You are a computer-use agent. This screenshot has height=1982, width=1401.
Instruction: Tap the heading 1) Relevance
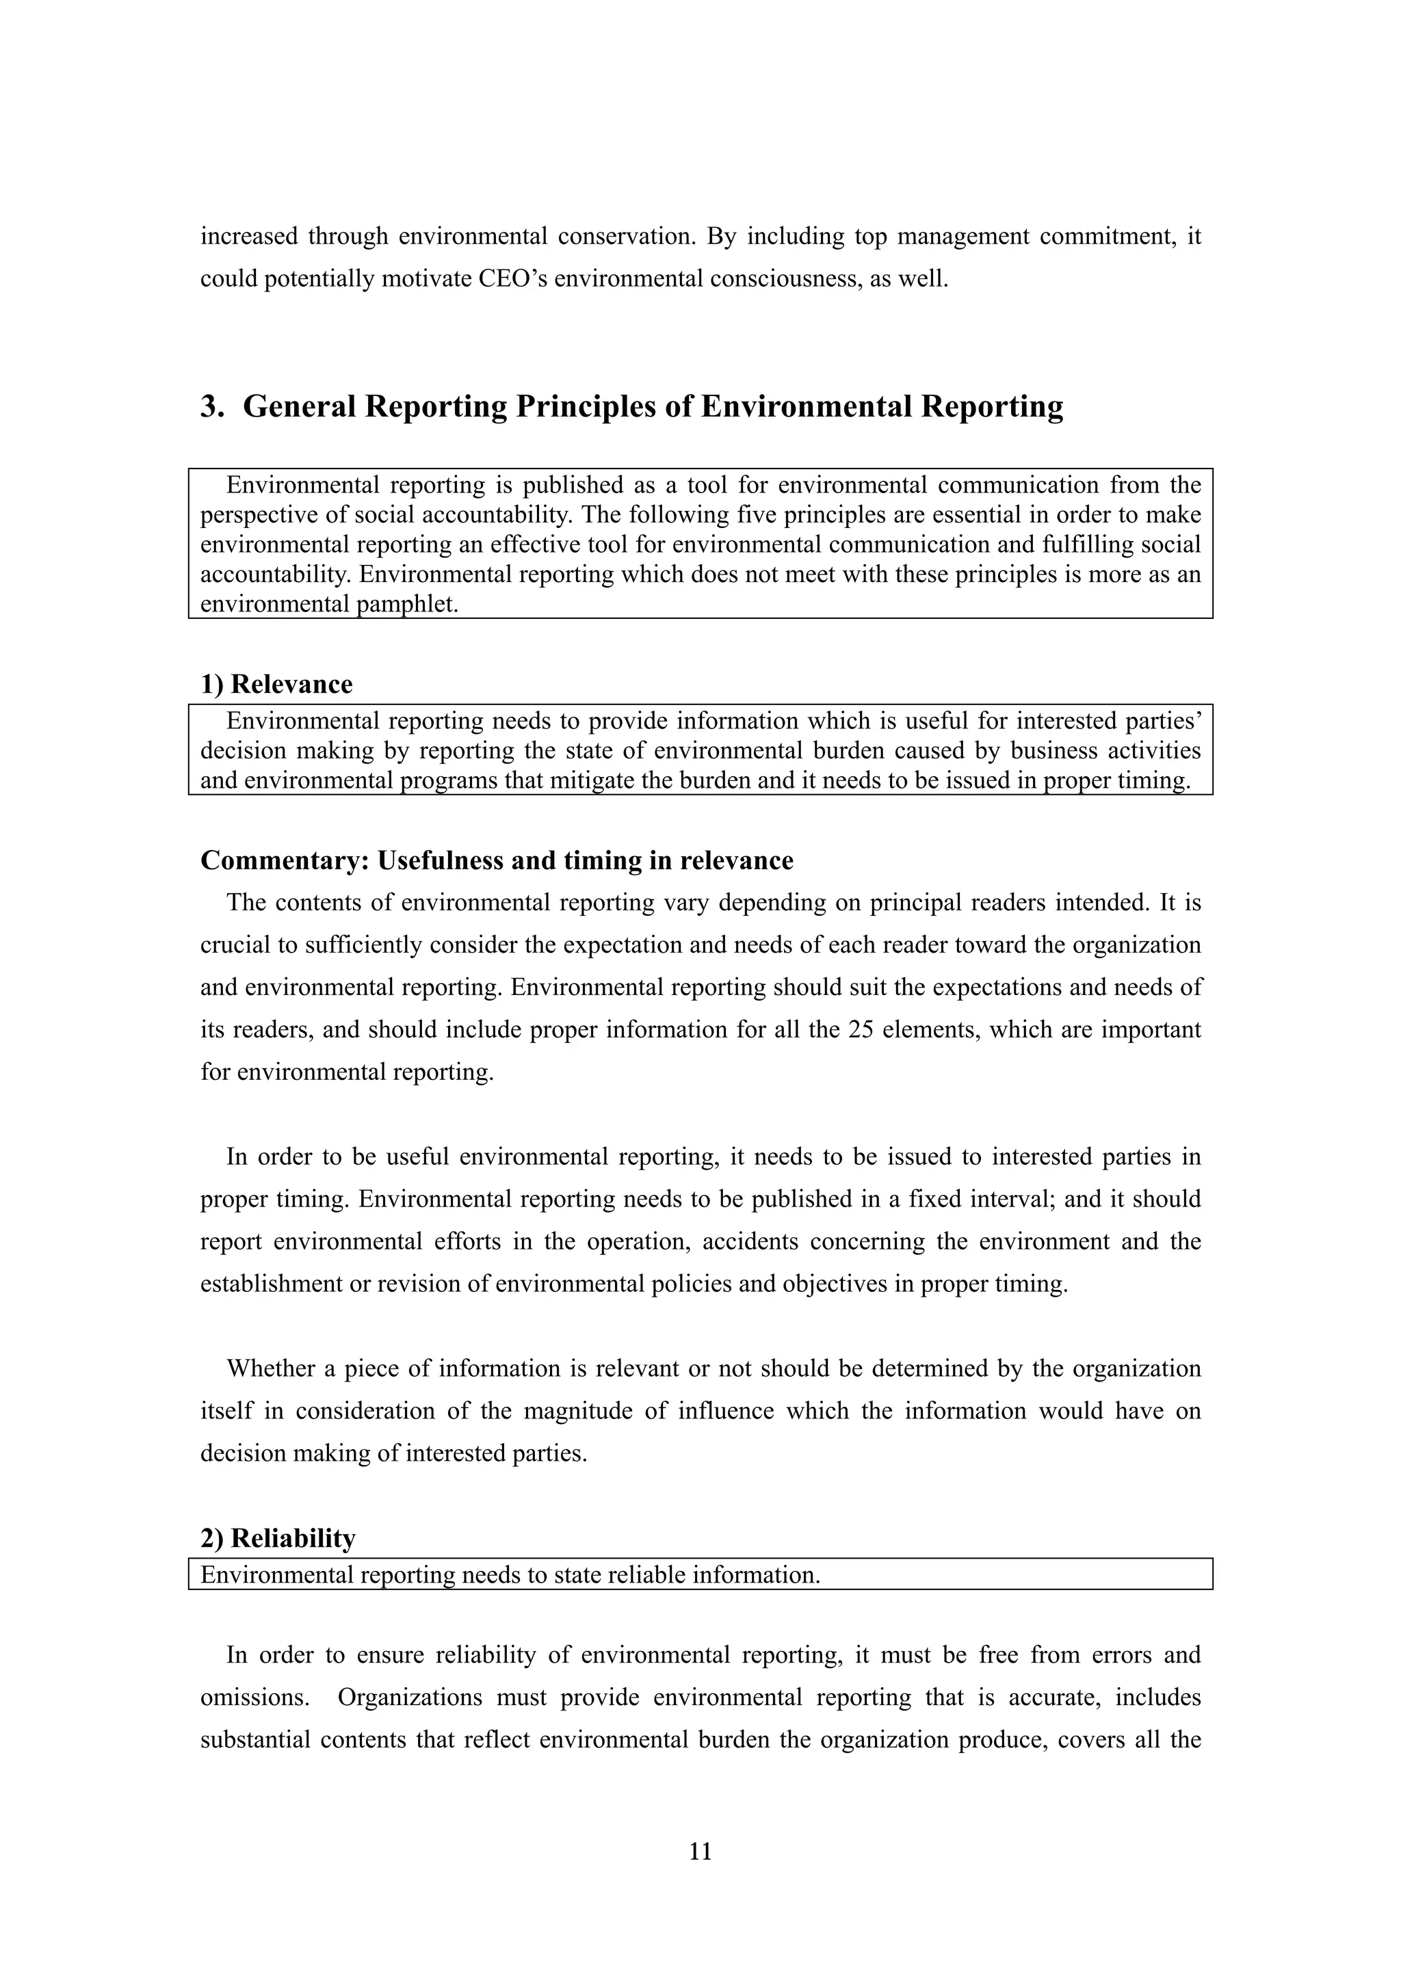(276, 685)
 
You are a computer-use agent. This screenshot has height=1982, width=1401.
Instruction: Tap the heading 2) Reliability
(277, 1538)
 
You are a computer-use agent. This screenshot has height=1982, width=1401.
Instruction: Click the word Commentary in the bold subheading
(284, 860)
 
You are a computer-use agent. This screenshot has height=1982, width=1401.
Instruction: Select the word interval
(1015, 1199)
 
